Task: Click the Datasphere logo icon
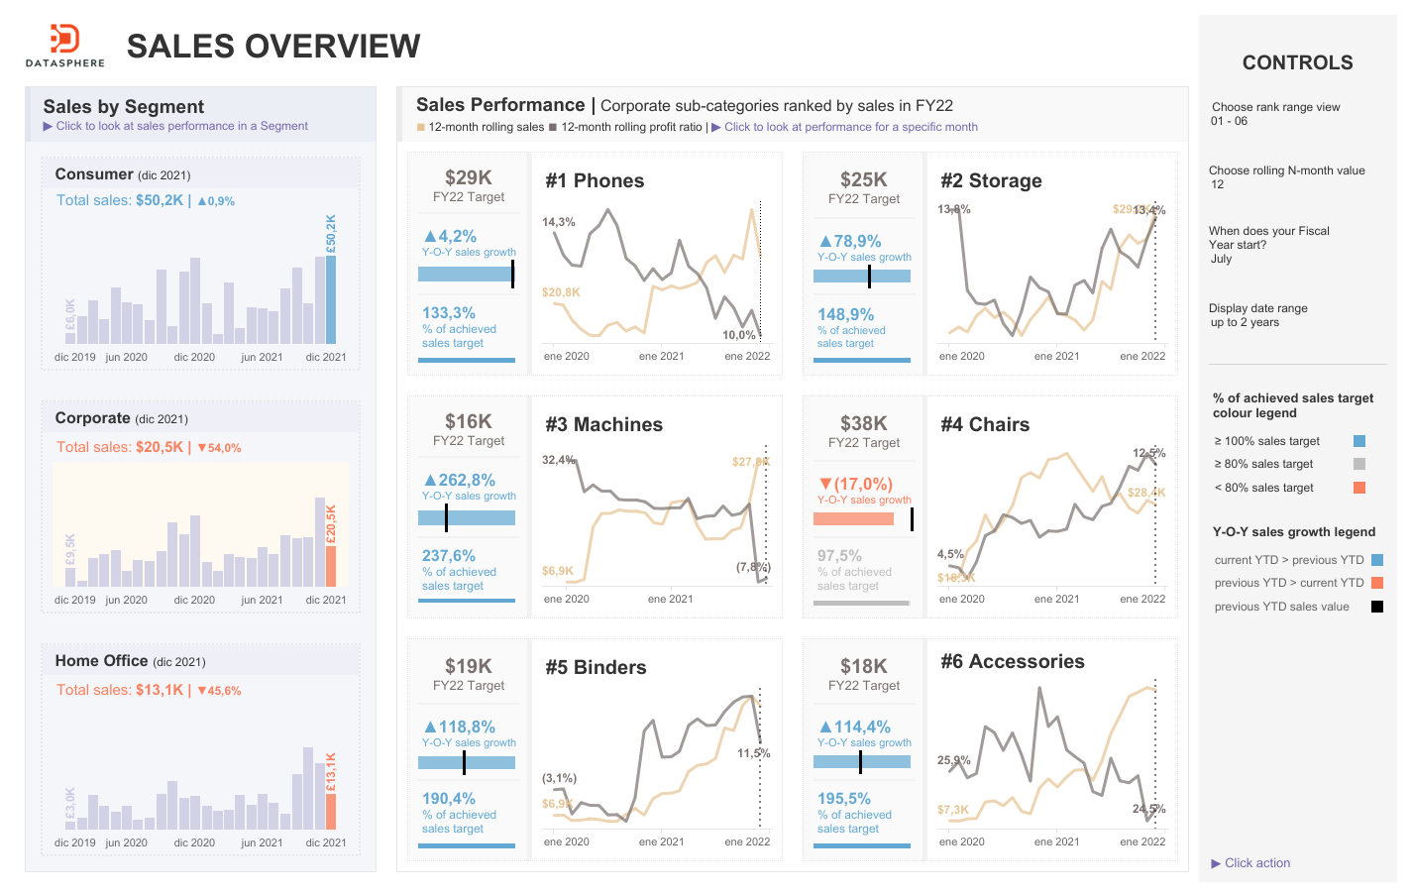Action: point(64,40)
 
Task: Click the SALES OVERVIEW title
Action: point(273,47)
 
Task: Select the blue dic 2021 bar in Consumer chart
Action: point(331,299)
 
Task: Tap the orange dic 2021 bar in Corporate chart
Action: point(331,566)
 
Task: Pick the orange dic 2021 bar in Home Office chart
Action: point(331,811)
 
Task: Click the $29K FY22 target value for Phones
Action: point(468,177)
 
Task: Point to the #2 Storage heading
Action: point(991,180)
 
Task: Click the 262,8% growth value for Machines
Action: point(466,480)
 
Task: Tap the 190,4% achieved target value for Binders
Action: point(449,798)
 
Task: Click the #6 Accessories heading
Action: point(1012,661)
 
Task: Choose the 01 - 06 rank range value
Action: point(1229,121)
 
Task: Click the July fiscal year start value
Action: point(1221,259)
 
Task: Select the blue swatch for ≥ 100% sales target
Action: point(1359,441)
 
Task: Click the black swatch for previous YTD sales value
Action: point(1376,607)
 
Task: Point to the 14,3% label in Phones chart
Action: point(558,222)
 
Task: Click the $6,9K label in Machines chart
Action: point(557,571)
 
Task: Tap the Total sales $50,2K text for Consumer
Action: point(120,200)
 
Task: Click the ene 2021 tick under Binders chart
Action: point(661,841)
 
